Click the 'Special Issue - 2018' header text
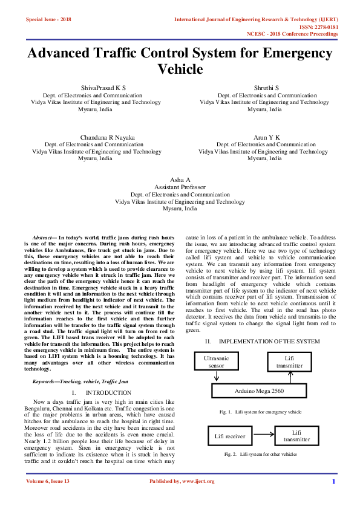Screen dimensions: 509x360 pos(48,20)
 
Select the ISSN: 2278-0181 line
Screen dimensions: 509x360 pos(319,27)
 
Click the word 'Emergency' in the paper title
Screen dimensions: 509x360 pos(292,53)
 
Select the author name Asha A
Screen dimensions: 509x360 pos(180,180)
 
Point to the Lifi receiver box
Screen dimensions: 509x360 pos(230,435)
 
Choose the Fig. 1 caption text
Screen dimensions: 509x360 pos(261,412)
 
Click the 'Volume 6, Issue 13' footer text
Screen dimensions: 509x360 pos(48,481)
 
